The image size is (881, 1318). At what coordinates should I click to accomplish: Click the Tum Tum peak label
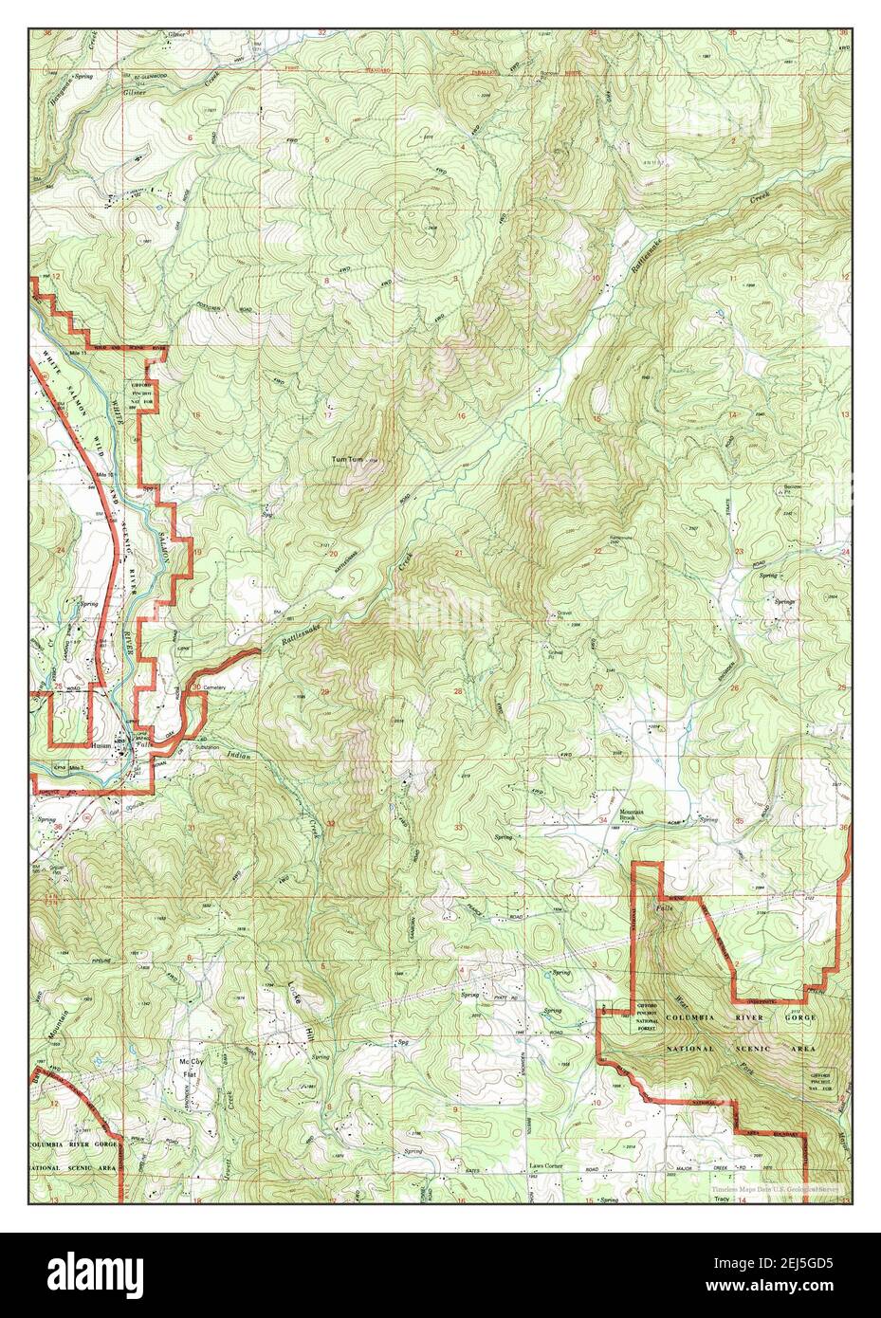346,460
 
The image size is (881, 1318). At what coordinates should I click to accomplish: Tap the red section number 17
328,415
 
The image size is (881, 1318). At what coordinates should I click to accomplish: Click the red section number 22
597,551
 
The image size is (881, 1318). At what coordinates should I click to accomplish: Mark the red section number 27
598,687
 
